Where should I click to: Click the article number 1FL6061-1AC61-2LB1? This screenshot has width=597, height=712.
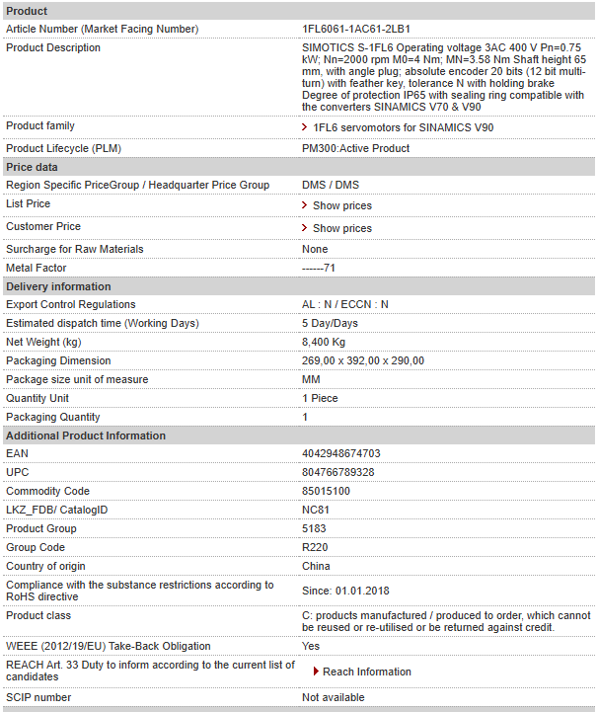pyautogui.click(x=355, y=29)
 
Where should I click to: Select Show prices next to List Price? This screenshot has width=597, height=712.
pyautogui.click(x=342, y=205)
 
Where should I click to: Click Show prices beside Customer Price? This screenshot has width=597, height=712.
pyautogui.click(x=342, y=228)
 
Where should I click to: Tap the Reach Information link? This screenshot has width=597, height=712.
pyautogui.click(x=366, y=672)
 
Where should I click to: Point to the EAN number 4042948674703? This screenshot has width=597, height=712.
pyautogui.click(x=340, y=454)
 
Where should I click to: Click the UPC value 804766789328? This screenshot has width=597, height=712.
pyautogui.click(x=337, y=473)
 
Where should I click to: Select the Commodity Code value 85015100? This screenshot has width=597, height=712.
pyautogui.click(x=326, y=492)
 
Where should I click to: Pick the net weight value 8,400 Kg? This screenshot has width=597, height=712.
pyautogui.click(x=324, y=342)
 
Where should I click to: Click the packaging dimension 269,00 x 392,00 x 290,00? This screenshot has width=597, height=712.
pyautogui.click(x=363, y=360)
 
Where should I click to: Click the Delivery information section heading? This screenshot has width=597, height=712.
pyautogui.click(x=58, y=286)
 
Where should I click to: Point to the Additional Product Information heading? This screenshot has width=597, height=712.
pyautogui.click(x=86, y=435)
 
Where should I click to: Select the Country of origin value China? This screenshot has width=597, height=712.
pyautogui.click(x=316, y=567)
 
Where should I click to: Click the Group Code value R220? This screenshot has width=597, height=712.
pyautogui.click(x=315, y=548)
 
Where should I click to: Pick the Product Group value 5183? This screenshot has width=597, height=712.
pyautogui.click(x=314, y=529)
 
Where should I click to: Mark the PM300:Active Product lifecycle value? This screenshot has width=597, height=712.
pyautogui.click(x=355, y=148)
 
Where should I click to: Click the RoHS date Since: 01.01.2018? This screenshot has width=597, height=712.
pyautogui.click(x=345, y=591)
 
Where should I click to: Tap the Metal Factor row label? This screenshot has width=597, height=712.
pyautogui.click(x=37, y=268)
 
